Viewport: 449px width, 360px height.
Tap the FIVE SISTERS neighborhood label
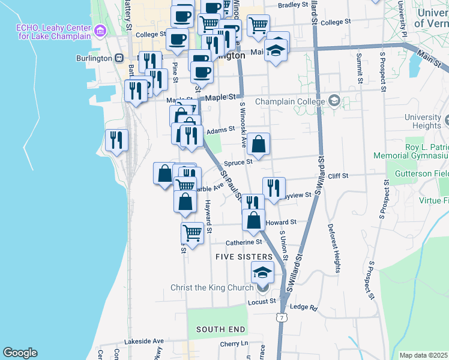(x=239, y=257)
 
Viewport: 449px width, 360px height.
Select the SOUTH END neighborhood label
(x=220, y=329)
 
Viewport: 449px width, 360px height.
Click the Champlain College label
(x=290, y=101)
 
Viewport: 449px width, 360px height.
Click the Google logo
(x=20, y=353)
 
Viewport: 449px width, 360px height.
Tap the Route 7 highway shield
(x=280, y=316)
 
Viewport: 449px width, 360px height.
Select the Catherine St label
(x=244, y=242)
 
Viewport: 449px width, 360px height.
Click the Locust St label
(x=261, y=301)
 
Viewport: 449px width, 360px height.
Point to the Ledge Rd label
(x=303, y=307)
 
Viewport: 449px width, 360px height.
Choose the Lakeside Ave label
(x=143, y=341)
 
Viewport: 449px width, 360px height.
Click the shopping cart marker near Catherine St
(x=192, y=232)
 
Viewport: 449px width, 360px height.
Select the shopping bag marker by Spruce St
(x=259, y=143)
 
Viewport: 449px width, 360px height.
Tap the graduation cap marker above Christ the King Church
(x=262, y=272)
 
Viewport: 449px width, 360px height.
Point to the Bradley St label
(x=293, y=5)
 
